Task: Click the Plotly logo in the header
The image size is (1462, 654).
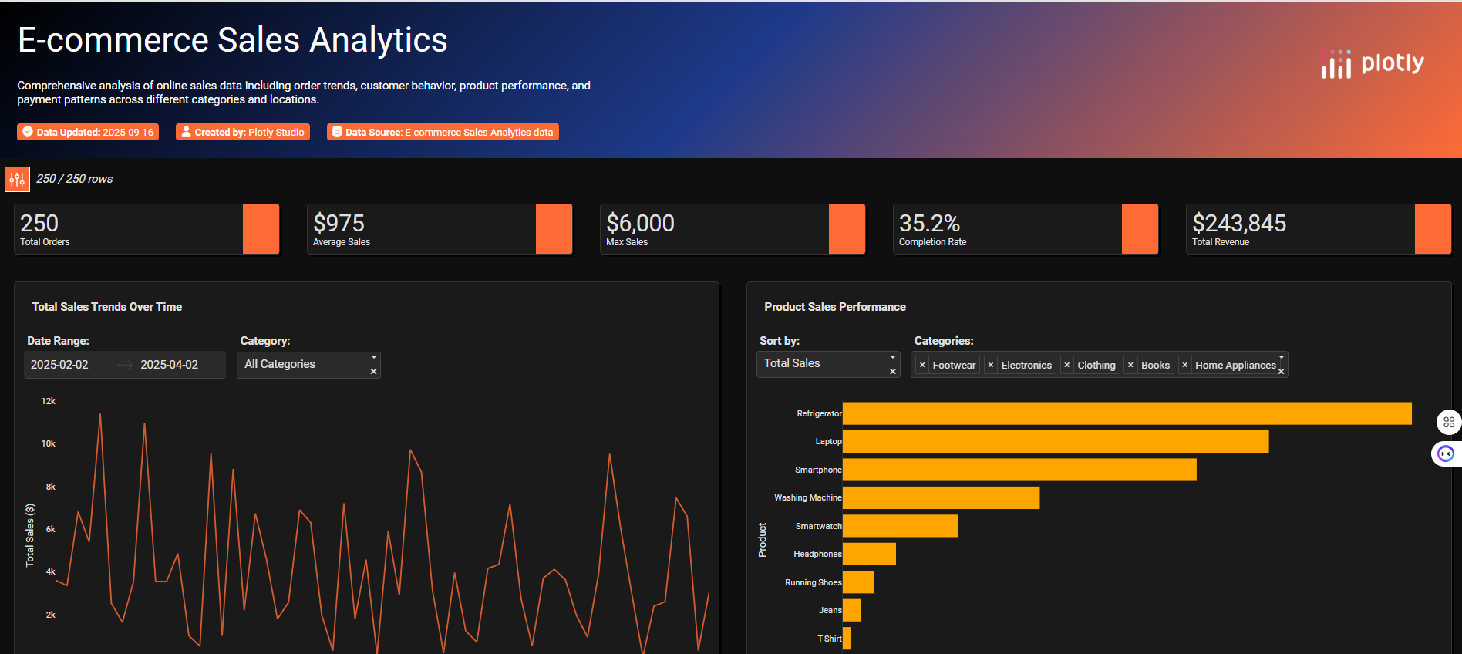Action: (x=1373, y=64)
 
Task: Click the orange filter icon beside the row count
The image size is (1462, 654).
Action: (x=17, y=179)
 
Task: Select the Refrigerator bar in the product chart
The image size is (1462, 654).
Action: (x=1126, y=413)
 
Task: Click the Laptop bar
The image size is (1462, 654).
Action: (x=1055, y=442)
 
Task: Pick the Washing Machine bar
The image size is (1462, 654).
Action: (x=941, y=498)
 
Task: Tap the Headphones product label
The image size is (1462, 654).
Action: (x=817, y=554)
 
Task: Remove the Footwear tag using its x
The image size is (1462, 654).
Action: (x=922, y=366)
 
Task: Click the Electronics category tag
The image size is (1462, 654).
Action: (x=1026, y=366)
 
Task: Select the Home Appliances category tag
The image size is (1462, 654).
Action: (x=1235, y=366)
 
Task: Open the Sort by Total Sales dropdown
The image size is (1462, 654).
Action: (x=827, y=364)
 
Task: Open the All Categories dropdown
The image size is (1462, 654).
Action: (x=308, y=365)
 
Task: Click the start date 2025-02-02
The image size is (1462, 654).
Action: (x=60, y=365)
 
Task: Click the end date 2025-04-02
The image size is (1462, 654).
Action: (x=170, y=365)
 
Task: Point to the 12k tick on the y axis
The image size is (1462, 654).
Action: (x=48, y=401)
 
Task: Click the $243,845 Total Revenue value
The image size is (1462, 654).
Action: (x=1238, y=224)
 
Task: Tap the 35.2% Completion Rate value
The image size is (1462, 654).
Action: (x=929, y=224)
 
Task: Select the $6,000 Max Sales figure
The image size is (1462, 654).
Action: (x=640, y=224)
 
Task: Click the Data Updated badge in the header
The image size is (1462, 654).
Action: (x=88, y=133)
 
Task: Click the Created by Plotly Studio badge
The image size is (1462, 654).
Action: (x=243, y=133)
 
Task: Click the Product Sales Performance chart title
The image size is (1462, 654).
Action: (x=834, y=307)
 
